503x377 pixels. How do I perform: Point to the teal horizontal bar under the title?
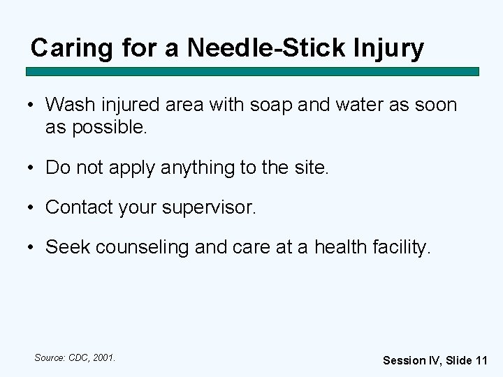click(252, 71)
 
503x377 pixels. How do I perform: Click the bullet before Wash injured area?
click(32, 106)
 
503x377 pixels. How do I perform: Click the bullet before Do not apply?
click(32, 168)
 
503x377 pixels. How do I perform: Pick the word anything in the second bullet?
click(198, 168)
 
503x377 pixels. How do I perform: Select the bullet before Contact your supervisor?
click(32, 207)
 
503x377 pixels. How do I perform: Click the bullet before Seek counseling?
click(32, 247)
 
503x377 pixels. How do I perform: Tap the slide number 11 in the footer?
click(481, 360)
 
